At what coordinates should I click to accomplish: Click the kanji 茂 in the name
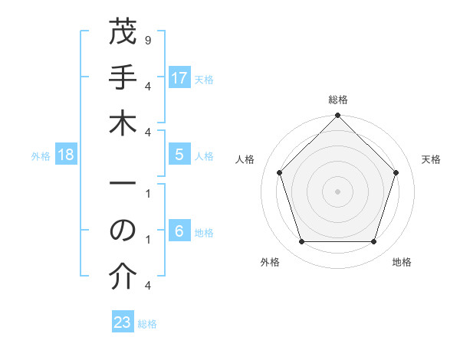123,34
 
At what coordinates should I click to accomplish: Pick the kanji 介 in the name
123,277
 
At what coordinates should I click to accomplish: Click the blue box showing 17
179,77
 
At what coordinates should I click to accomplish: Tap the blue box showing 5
179,155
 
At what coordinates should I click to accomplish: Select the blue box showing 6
179,231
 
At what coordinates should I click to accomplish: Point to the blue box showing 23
123,322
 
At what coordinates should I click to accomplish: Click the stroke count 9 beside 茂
147,38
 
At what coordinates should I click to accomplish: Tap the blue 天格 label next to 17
204,79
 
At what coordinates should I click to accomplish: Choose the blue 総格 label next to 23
147,324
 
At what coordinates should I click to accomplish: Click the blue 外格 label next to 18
41,156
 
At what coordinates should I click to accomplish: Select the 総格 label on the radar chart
338,100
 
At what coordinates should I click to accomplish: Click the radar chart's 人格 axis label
246,159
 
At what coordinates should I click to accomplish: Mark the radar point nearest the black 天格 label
396,172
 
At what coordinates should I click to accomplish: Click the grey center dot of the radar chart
338,191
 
